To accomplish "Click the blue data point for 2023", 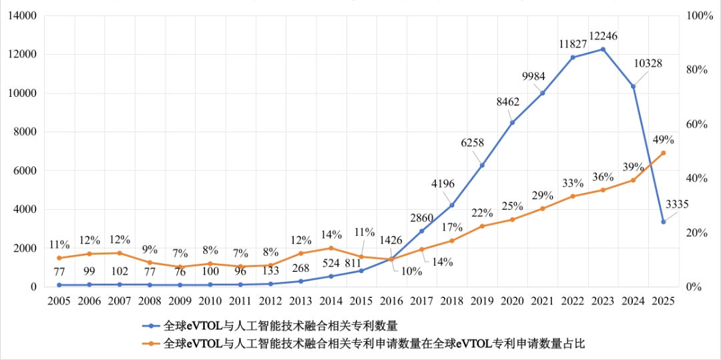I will [603, 49].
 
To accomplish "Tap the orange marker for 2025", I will [663, 153].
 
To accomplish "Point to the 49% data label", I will [663, 140].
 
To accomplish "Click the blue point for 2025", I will [663, 222].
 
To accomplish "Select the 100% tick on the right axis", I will [700, 15].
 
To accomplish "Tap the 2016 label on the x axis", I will [391, 301].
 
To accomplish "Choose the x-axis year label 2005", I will [59, 301].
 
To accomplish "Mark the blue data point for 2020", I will [512, 123].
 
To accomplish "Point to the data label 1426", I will [392, 240].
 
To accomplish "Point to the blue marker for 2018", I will [452, 205].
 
